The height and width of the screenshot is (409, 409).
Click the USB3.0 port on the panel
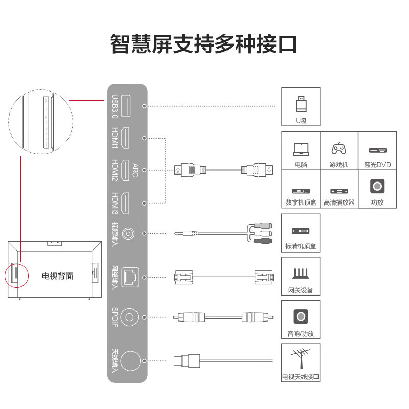pos(127,106)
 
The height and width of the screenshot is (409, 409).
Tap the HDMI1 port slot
pos(127,138)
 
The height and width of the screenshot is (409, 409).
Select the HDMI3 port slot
pos(127,203)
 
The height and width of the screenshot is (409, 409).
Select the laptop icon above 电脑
pos(301,149)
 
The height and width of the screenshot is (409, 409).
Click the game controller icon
pos(338,149)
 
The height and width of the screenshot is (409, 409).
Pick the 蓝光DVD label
pos(377,165)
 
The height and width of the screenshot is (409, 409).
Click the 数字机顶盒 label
pos(301,202)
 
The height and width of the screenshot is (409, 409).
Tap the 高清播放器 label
pos(338,202)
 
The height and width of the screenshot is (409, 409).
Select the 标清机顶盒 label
pos(301,246)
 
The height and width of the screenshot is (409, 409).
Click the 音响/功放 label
pos(301,334)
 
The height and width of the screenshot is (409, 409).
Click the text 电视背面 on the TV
pos(57,276)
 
